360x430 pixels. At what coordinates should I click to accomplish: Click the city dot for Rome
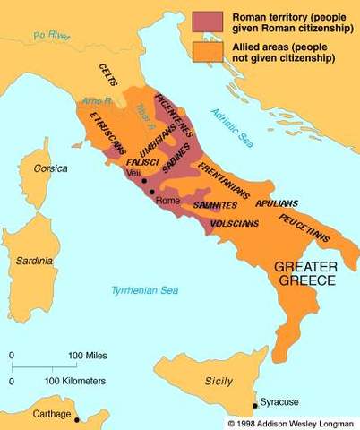[152, 192]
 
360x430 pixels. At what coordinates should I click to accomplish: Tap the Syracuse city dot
[253, 405]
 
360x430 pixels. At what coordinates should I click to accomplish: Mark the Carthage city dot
[77, 419]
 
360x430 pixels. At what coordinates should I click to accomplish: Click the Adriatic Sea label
[234, 125]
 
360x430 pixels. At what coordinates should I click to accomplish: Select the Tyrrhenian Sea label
[144, 290]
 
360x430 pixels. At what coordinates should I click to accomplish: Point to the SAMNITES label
[215, 204]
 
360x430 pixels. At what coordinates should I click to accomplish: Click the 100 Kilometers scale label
[76, 382]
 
